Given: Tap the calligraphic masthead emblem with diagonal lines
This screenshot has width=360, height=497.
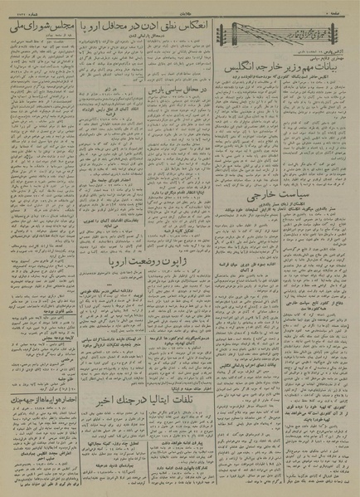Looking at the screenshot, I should pos(254,37).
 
